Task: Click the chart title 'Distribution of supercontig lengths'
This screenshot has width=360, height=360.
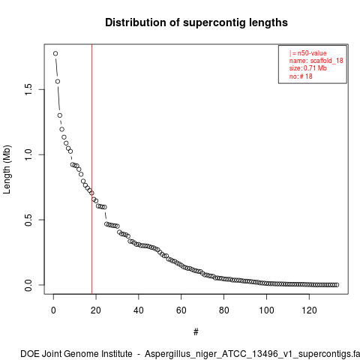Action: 196,22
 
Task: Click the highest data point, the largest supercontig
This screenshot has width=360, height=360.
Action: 55,53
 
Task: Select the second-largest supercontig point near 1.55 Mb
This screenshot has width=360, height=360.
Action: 58,82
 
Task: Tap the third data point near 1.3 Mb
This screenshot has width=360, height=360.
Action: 60,115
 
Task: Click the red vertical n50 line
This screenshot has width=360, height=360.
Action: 92,169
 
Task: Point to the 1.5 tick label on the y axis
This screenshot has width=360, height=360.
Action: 28,89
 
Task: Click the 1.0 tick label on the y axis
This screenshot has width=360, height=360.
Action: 28,154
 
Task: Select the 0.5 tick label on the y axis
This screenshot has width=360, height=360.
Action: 28,220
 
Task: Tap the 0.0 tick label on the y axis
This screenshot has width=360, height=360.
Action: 28,285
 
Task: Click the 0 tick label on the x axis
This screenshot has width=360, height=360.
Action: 53,310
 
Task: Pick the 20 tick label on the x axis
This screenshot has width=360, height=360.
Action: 96,310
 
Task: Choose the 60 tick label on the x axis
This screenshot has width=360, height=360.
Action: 181,310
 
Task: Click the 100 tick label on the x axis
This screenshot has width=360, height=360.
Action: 266,310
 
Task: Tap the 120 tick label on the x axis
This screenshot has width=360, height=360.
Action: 309,310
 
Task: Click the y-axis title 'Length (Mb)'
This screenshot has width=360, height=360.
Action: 7,169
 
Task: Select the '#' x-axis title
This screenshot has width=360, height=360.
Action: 196,332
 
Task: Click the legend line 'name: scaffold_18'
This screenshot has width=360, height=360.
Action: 316,61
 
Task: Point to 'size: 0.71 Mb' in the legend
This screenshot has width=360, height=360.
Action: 308,68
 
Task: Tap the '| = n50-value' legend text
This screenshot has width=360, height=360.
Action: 308,53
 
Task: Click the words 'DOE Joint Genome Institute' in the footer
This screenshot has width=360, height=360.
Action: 76,354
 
